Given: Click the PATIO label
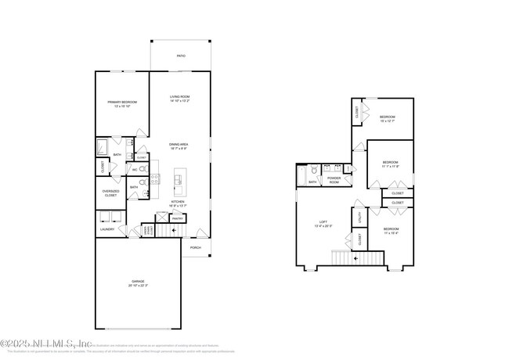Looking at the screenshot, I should pyautogui.click(x=181, y=56).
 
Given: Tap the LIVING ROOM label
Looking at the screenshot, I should pyautogui.click(x=181, y=97).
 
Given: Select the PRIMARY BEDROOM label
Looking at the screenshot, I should pyautogui.click(x=122, y=103).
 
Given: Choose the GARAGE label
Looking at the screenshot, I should pyautogui.click(x=138, y=281).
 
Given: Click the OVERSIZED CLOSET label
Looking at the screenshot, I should pyautogui.click(x=110, y=193).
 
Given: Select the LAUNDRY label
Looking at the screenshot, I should pyautogui.click(x=107, y=229).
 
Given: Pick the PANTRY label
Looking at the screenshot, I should pyautogui.click(x=177, y=219).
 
